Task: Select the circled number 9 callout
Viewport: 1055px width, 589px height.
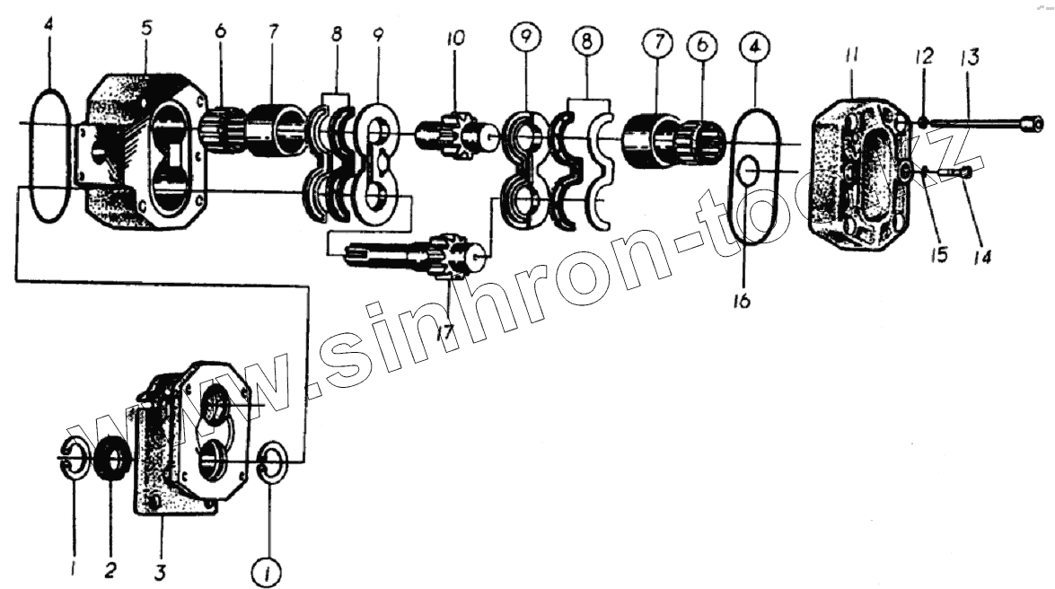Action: tap(525, 40)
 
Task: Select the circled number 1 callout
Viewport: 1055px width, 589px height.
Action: tap(268, 568)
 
